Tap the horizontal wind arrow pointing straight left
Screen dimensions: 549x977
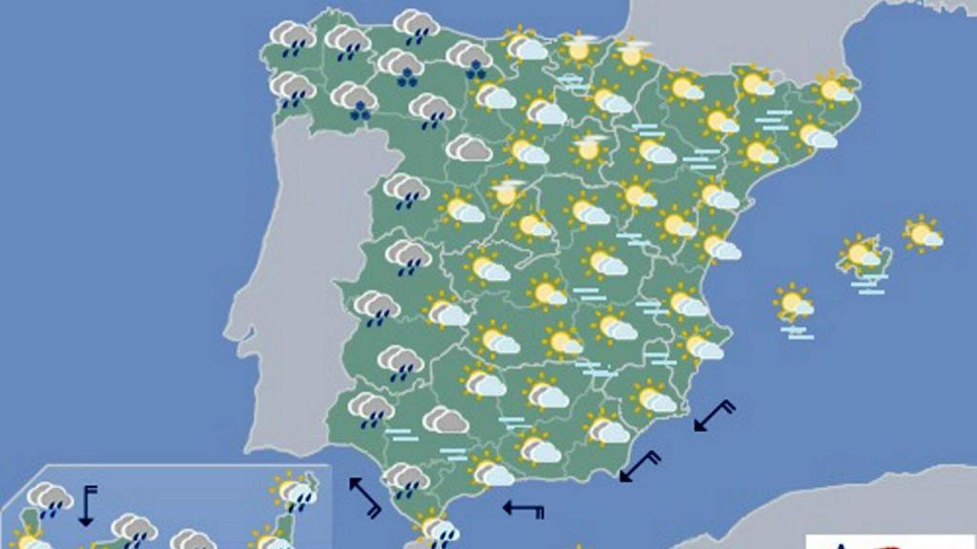coord(524,508)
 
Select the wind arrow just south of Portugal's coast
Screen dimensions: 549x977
coord(364,497)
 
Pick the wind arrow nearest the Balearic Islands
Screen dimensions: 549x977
coord(715,416)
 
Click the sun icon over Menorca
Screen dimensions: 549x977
coord(923,234)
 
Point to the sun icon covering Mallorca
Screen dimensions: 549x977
coord(862,254)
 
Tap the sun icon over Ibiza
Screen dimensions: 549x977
coord(793,303)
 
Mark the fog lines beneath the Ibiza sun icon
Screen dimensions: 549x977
coord(797,332)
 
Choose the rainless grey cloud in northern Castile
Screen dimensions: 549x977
coord(468,149)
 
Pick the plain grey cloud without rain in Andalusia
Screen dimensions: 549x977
coord(445,419)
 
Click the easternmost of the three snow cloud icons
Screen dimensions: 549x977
coord(469,58)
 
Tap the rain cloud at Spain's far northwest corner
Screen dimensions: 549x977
coord(292,39)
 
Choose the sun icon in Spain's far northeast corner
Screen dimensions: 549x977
coord(835,90)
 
